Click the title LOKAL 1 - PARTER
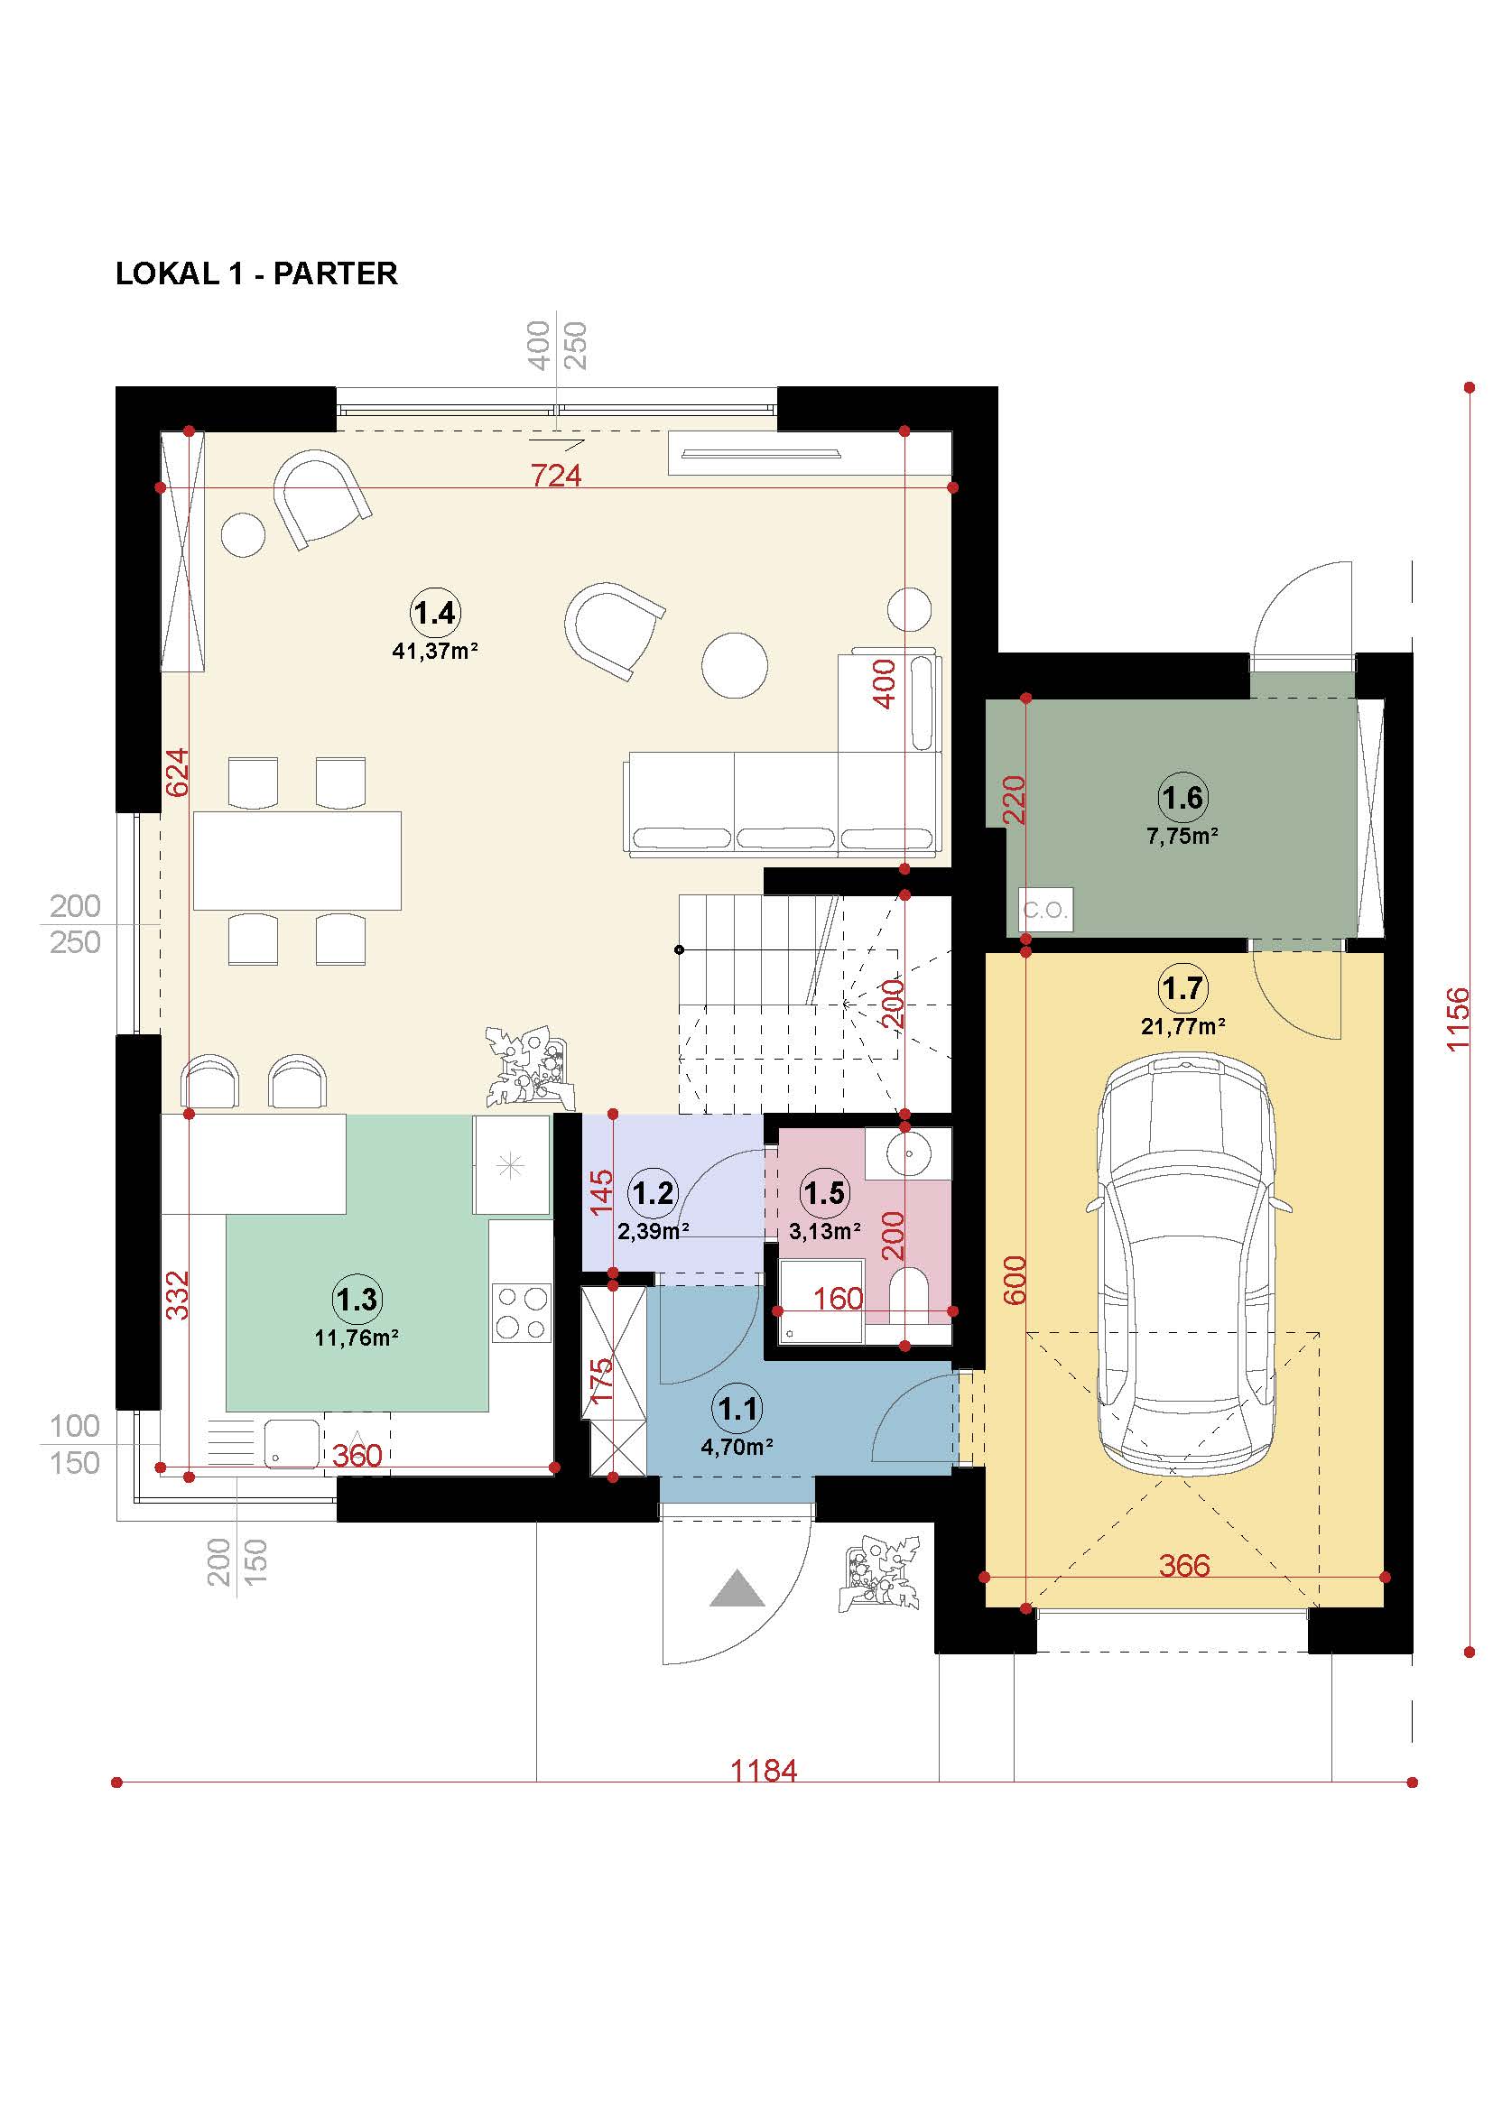256,274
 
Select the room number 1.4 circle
435,612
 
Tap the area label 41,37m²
436,651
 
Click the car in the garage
1187,1266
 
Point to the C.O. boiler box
1046,911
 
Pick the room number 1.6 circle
1182,797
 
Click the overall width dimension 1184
764,1770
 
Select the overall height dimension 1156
1458,1020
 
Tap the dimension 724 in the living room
556,476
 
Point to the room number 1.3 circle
357,1299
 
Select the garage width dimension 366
1184,1565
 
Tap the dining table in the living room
297,860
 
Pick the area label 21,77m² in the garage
1183,1026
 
